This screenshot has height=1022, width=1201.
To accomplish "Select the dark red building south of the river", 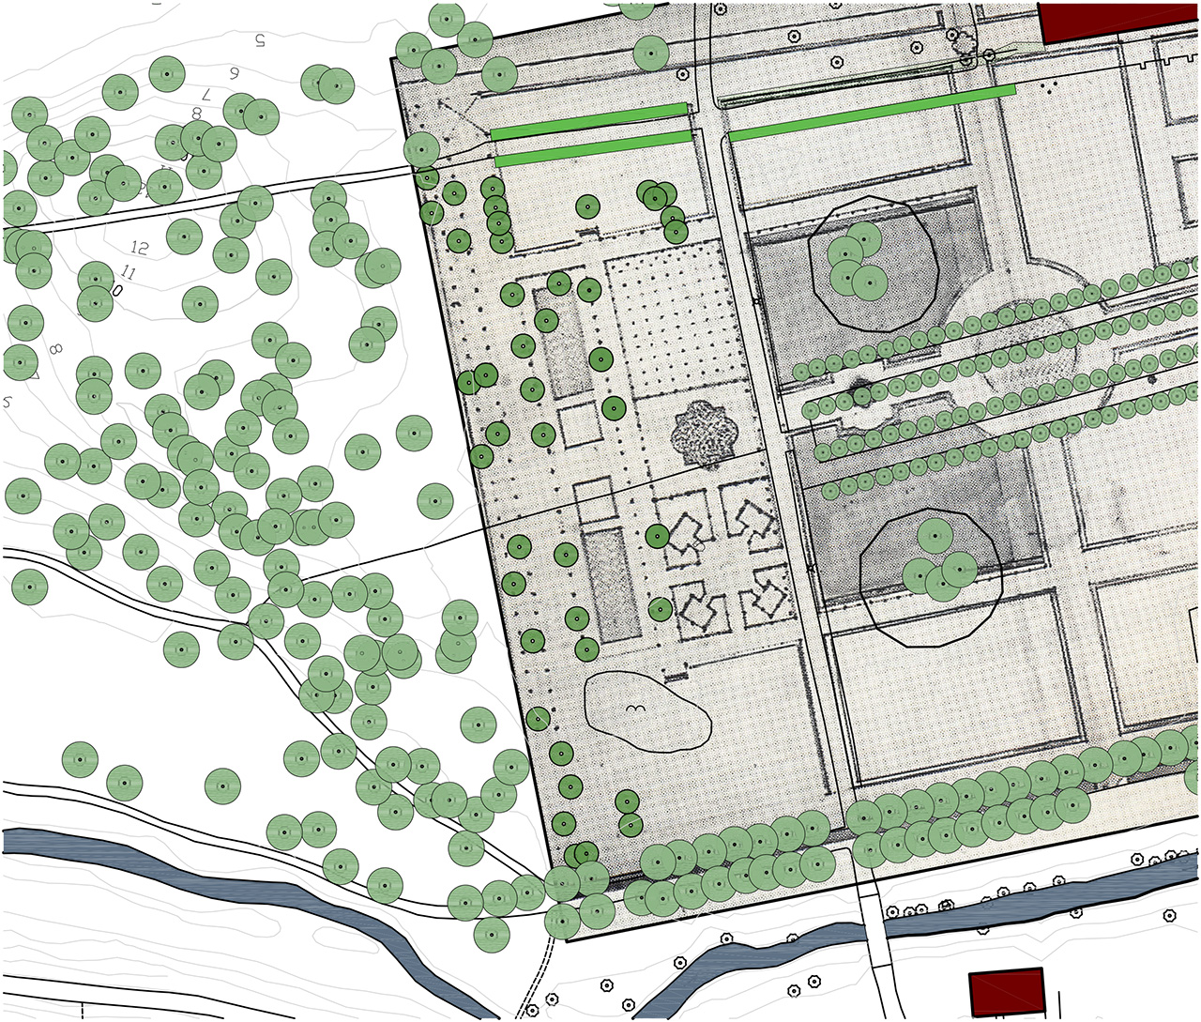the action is pyautogui.click(x=1007, y=992).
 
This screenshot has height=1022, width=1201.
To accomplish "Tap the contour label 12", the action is pyautogui.click(x=140, y=249).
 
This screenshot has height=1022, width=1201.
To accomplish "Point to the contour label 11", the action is pyautogui.click(x=129, y=274).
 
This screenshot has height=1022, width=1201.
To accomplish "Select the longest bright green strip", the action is pyautogui.click(x=872, y=113).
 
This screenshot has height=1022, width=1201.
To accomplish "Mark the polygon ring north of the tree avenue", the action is pyautogui.click(x=873, y=261).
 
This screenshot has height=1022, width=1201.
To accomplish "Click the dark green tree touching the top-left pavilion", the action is pyautogui.click(x=658, y=536).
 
